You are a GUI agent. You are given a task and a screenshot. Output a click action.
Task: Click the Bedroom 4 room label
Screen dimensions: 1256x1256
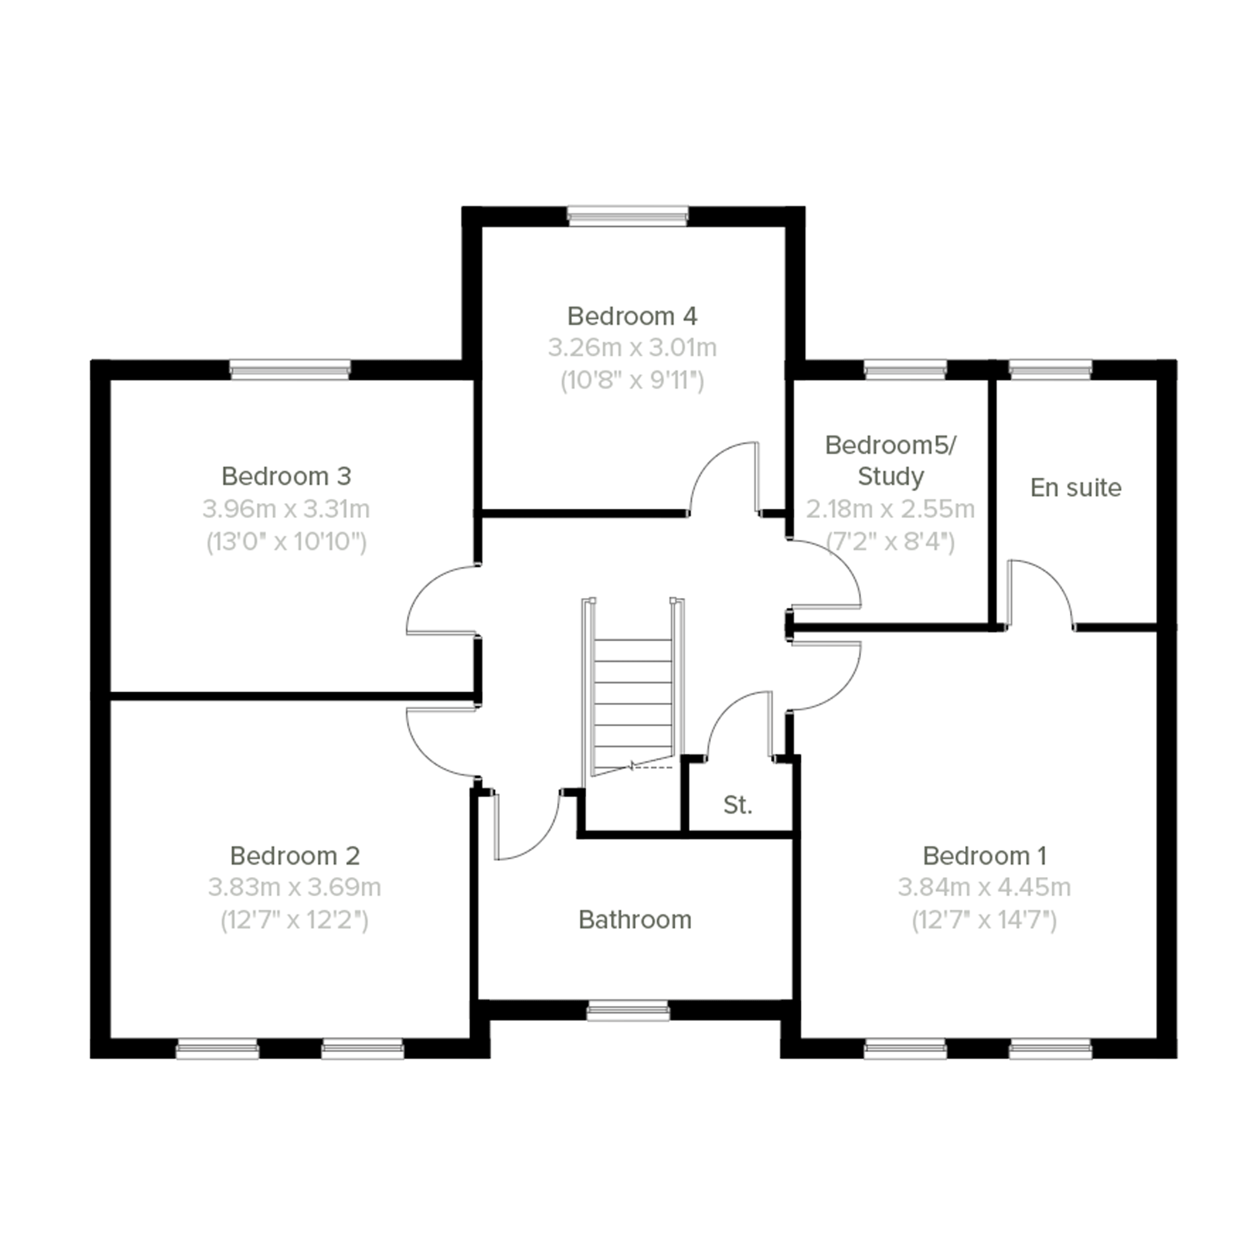[632, 316]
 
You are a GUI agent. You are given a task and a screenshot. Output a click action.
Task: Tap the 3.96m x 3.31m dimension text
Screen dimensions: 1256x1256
[286, 509]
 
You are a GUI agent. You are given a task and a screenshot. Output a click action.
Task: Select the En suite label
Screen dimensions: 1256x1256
[1076, 488]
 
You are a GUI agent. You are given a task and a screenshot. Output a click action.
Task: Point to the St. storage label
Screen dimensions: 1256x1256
[737, 806]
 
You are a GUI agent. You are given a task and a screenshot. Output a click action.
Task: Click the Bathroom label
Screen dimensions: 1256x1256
[635, 920]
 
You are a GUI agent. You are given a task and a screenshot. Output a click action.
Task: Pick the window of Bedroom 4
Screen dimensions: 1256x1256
[627, 216]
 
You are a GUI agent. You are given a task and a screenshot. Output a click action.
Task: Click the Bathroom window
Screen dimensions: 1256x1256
[627, 1012]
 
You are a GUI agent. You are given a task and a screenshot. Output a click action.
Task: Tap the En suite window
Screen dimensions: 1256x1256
[1050, 370]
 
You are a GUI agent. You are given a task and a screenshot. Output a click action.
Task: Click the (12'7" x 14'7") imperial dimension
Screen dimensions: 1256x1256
[984, 920]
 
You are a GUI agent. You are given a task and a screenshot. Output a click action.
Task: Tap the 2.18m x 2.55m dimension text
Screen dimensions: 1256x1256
[890, 509]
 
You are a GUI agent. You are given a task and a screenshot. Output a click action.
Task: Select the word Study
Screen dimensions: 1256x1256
[890, 476]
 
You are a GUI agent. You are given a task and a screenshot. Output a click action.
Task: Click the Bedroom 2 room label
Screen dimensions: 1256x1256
[295, 856]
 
